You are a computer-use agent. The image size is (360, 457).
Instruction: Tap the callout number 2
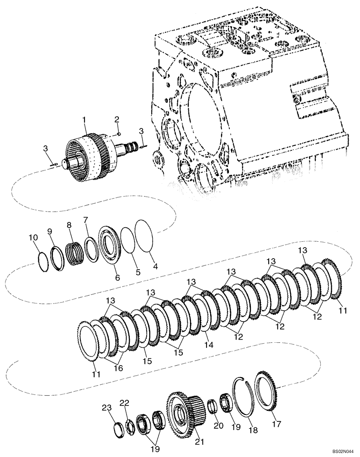tap(117, 119)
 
